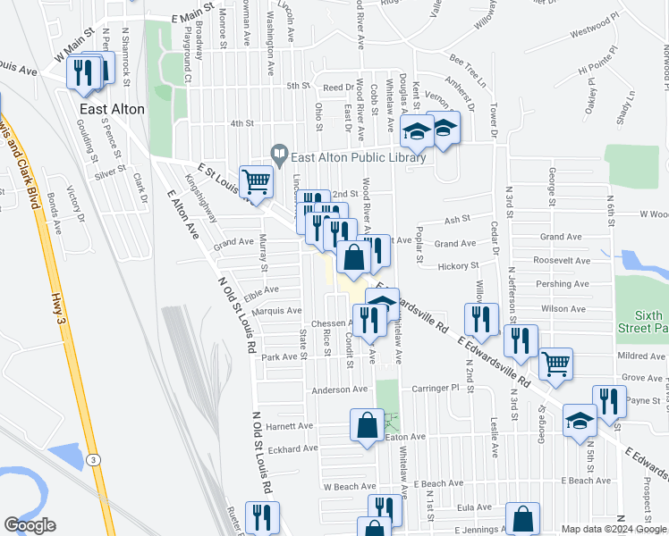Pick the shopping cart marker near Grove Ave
point(556,364)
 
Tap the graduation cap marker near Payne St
point(580,422)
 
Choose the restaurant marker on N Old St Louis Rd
point(262,518)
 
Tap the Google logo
point(30,525)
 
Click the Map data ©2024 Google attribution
point(614,529)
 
